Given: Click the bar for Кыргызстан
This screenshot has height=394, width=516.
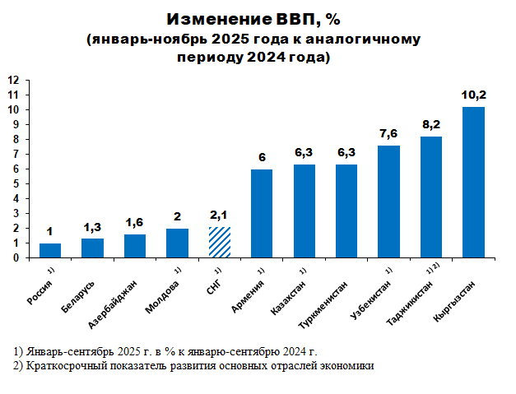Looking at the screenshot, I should coord(473,182).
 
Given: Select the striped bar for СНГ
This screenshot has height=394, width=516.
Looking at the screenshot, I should coord(220,242).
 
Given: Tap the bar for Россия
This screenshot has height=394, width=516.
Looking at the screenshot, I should coord(50,250).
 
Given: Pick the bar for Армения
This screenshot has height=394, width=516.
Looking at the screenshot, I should coord(262,213).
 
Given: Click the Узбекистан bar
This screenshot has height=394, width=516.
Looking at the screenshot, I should coord(388,202).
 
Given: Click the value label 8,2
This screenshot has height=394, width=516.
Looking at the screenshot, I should coord(431,125).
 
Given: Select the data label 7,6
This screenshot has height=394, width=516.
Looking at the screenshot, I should coord(388,134).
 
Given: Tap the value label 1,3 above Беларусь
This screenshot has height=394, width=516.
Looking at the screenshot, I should coord(92,227).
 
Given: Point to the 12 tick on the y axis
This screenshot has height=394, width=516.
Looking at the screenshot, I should coord(14,81).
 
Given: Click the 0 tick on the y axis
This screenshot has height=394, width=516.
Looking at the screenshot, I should coord(16,257).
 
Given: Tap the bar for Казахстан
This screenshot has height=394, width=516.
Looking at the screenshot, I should coord(304,211).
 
